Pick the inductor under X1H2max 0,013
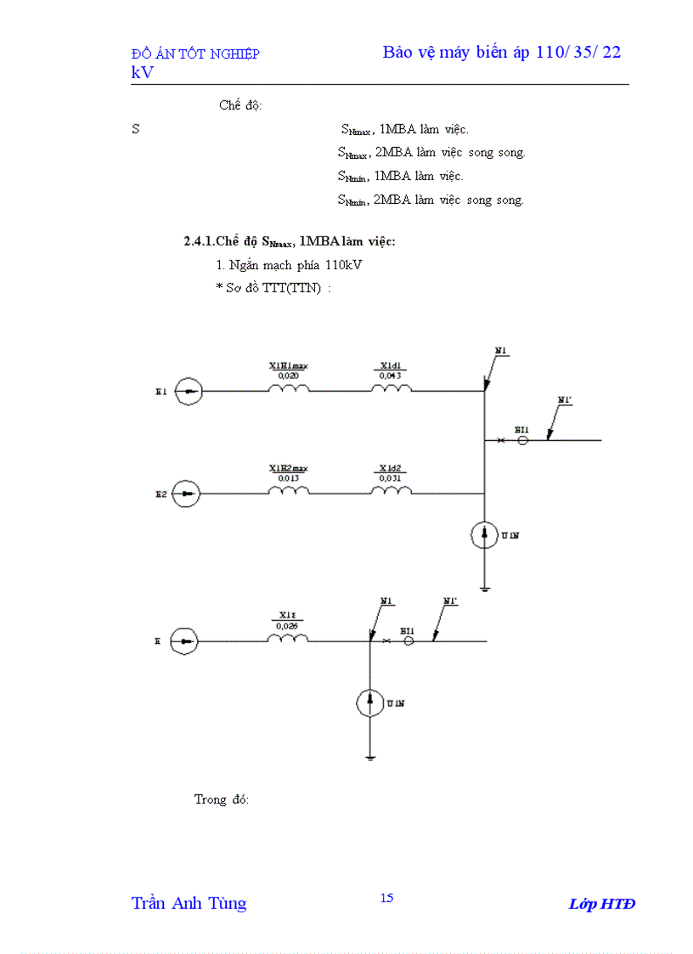(x=289, y=491)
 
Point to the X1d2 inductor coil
(x=391, y=491)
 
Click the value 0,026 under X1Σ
(x=288, y=626)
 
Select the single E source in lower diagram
(x=184, y=641)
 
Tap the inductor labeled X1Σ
(x=288, y=639)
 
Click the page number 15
(x=386, y=898)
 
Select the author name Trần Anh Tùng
(x=189, y=903)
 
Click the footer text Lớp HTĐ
(x=601, y=903)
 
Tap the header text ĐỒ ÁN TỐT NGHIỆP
(x=195, y=54)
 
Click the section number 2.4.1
(x=200, y=241)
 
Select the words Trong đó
(x=222, y=799)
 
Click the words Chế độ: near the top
(x=240, y=105)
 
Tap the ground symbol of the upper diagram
(x=484, y=585)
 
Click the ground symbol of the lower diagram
(x=370, y=754)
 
